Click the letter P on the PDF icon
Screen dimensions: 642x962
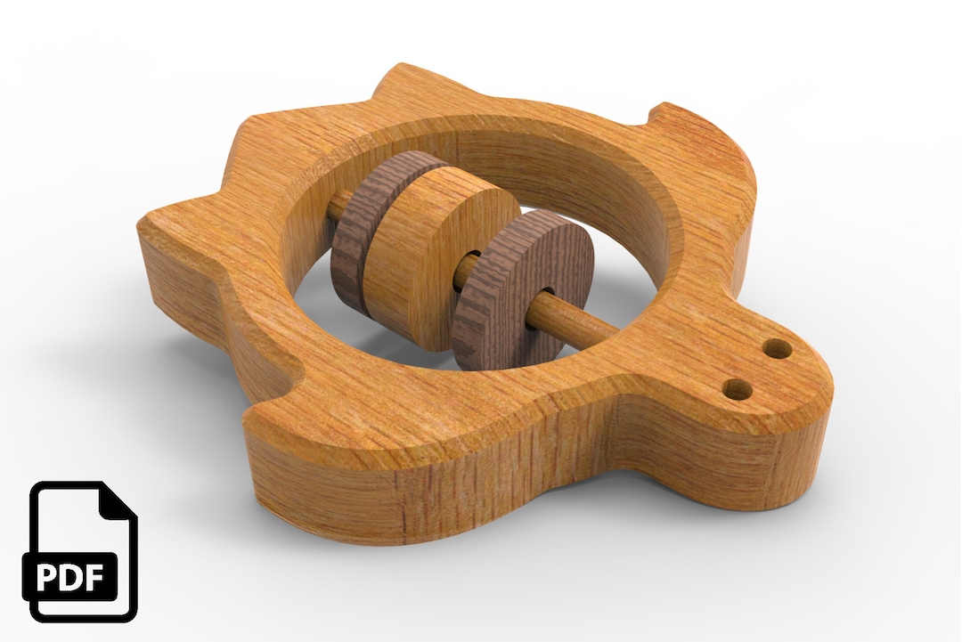(53, 577)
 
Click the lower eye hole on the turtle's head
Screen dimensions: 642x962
(736, 388)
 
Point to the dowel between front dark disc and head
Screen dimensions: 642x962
(588, 317)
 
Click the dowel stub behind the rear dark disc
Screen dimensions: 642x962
(338, 207)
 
